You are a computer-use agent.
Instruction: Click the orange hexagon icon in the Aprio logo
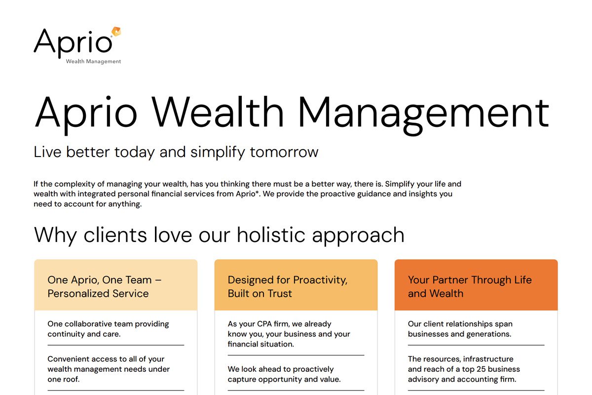pyautogui.click(x=116, y=32)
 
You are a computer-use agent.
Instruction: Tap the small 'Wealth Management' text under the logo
pyautogui.click(x=93, y=62)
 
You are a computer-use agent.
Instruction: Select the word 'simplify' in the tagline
pyautogui.click(x=218, y=152)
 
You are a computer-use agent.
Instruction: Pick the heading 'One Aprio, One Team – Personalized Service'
pyautogui.click(x=105, y=286)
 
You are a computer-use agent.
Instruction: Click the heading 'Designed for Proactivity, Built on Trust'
pyautogui.click(x=287, y=286)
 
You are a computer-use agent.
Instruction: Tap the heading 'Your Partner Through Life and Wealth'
pyautogui.click(x=470, y=286)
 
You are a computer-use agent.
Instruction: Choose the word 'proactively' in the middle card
pyautogui.click(x=314, y=369)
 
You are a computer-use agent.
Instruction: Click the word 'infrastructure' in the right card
pyautogui.click(x=488, y=359)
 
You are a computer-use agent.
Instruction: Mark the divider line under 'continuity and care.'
pyautogui.click(x=115, y=345)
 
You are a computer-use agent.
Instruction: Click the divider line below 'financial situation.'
pyautogui.click(x=296, y=355)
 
